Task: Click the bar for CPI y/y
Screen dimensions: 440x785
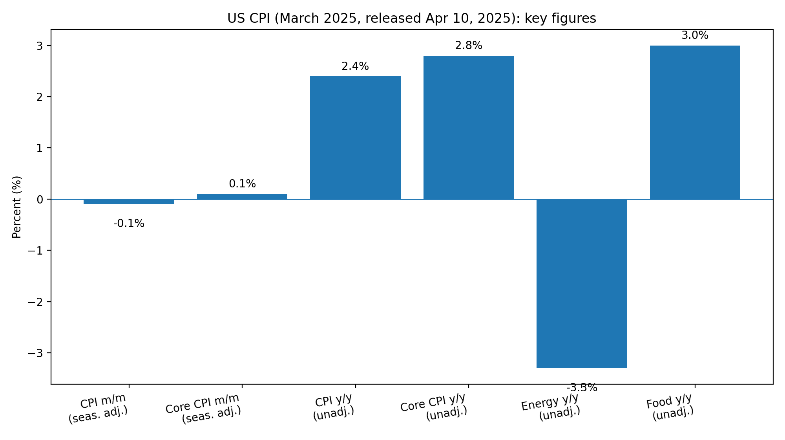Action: tap(355, 137)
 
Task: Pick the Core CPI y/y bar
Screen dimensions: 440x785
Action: tap(468, 128)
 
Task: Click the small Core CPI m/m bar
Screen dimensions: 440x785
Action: tap(242, 196)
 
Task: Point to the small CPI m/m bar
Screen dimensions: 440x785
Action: tap(129, 202)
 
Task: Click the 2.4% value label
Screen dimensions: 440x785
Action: tap(355, 66)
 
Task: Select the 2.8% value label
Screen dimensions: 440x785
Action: tap(468, 46)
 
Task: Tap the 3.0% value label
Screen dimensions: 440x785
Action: tap(695, 35)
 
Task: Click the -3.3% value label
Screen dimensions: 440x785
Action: tap(582, 388)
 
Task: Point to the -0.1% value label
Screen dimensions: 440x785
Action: tap(129, 224)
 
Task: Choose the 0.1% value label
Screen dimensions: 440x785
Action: tap(242, 183)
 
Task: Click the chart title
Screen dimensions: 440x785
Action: tap(412, 18)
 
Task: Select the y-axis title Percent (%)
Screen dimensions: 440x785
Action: tap(16, 207)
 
